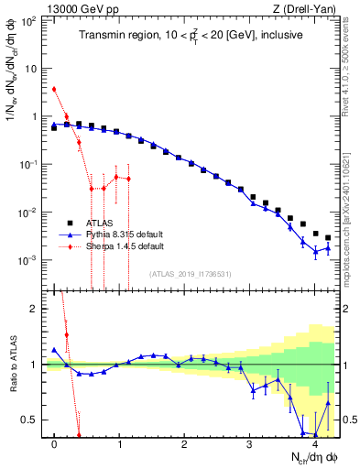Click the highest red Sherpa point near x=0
[55, 89]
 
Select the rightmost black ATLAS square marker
[328, 237]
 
